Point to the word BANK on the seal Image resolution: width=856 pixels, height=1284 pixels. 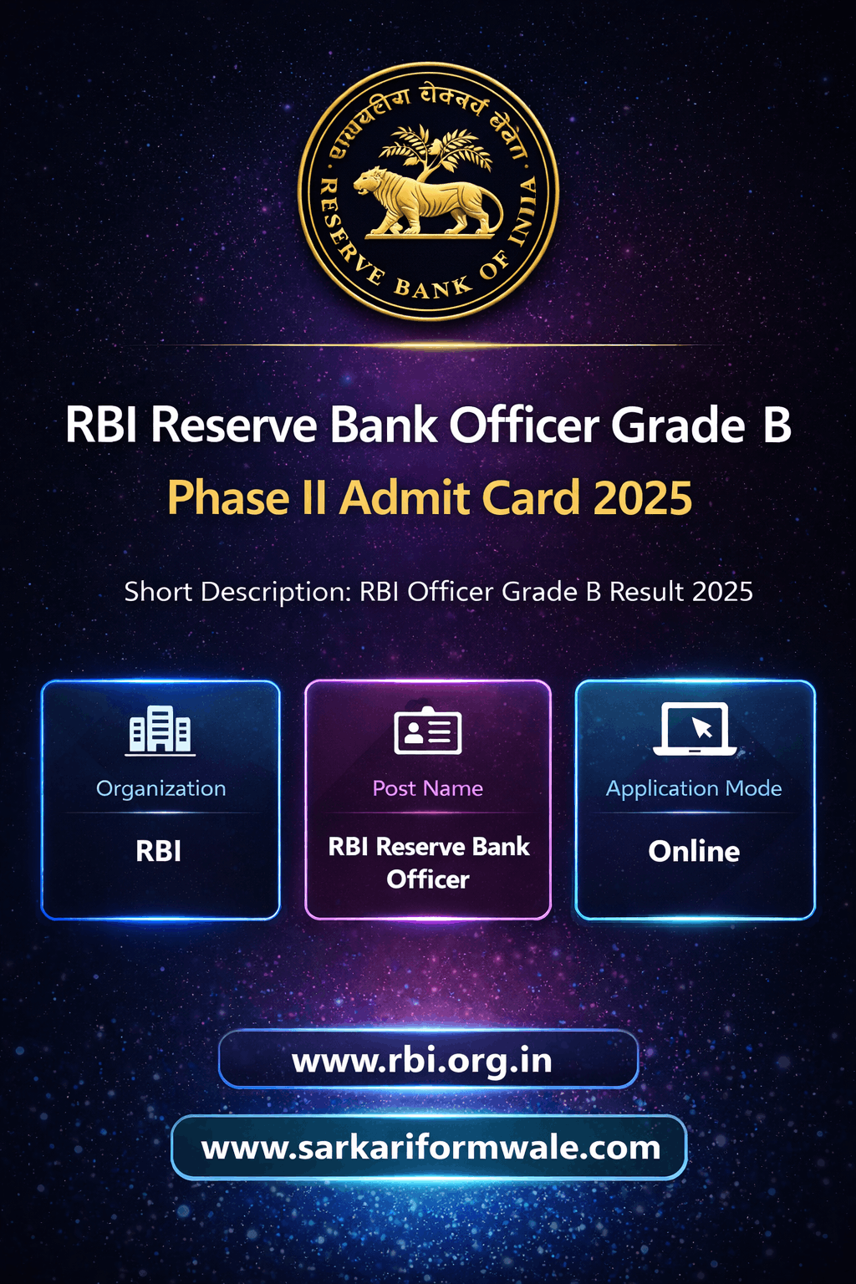433,288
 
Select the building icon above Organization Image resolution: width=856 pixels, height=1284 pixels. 160,731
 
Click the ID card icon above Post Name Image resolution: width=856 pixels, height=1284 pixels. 428,731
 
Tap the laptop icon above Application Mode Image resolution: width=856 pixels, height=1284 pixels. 695,729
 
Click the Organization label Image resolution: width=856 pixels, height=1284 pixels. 161,789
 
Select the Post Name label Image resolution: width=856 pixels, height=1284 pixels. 428,789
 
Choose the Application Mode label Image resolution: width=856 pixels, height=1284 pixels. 694,789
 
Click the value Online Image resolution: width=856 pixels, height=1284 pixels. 694,851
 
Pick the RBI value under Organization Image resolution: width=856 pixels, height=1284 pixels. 159,851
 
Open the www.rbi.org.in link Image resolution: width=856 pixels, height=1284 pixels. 422,1061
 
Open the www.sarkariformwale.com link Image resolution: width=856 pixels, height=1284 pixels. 431,1148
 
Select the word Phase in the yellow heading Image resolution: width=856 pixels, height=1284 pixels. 228,497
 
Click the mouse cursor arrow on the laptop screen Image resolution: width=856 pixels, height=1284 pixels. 702,726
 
